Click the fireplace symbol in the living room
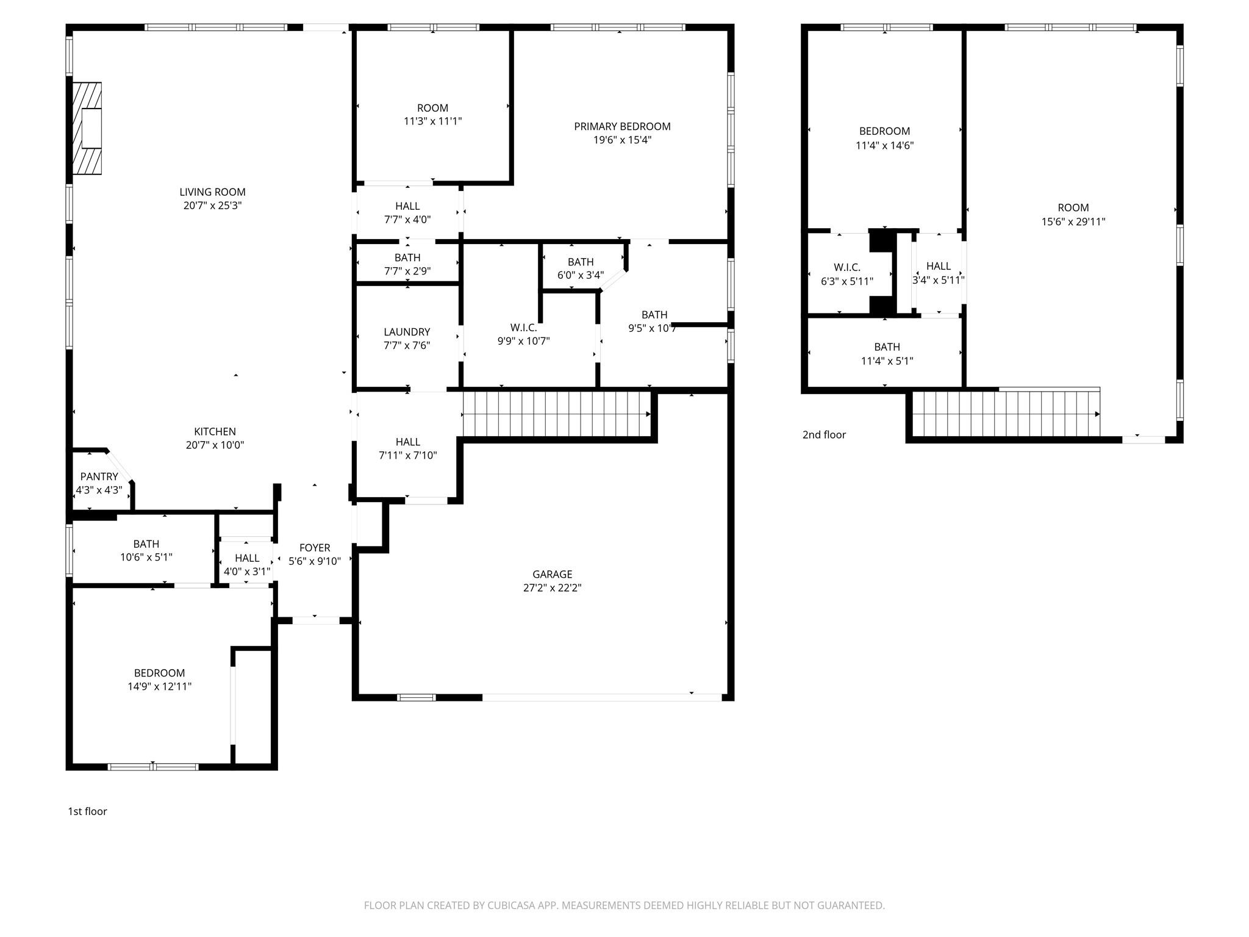(87, 128)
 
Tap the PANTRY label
(99, 476)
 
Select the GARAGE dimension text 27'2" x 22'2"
(552, 587)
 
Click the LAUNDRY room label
(407, 332)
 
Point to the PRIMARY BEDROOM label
(622, 126)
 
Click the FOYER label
(315, 548)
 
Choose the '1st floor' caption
(87, 811)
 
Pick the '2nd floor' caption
(824, 434)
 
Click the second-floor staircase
(1005, 414)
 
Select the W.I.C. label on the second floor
(846, 267)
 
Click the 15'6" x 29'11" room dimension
(1073, 221)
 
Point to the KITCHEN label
(215, 431)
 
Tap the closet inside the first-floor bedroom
(252, 706)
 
